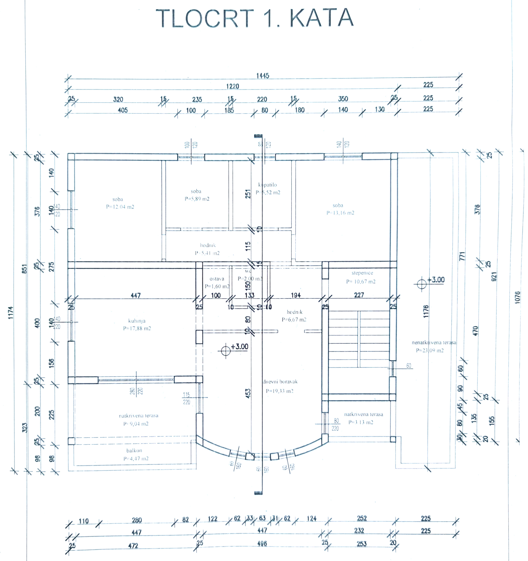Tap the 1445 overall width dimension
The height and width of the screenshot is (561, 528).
coord(263,76)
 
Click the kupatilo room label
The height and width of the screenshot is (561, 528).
coord(267,185)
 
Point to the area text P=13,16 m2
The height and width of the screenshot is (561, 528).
coord(340,213)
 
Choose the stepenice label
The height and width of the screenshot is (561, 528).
coord(362,273)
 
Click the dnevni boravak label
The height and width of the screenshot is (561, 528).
coord(280,382)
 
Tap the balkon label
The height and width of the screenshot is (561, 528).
coord(134,450)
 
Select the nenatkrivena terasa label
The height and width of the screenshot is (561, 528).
coord(434,343)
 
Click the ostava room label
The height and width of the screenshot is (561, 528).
coord(217,279)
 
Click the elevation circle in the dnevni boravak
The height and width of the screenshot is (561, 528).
coord(226,351)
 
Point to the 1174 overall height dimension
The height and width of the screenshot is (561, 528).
coord(11,313)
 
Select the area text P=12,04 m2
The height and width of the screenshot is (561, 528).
coord(120,207)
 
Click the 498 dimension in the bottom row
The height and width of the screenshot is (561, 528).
coord(262,543)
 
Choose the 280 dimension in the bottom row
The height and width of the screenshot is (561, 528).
coord(137,520)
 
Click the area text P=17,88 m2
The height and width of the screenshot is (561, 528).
coord(137,328)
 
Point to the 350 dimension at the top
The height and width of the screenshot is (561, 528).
coord(343,99)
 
